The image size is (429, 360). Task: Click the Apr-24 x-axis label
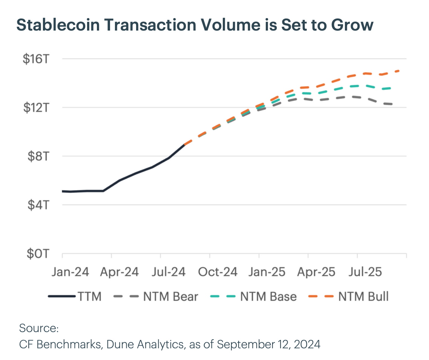[119, 272]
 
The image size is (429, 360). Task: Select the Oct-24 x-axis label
[218, 272]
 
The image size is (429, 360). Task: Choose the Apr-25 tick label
[316, 272]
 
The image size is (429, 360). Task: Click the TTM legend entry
[90, 297]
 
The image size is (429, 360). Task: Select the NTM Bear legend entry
[170, 297]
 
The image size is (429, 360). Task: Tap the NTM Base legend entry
[268, 297]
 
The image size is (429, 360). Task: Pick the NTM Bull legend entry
[363, 297]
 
